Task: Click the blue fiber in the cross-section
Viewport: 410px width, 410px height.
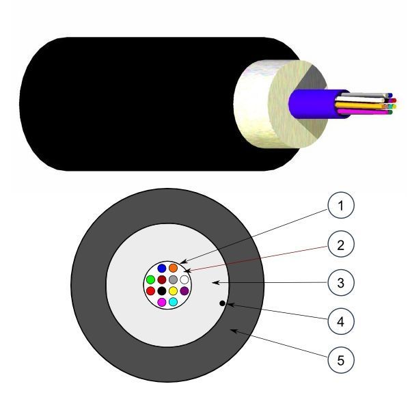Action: click(x=162, y=268)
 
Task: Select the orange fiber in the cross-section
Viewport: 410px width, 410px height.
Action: click(x=173, y=268)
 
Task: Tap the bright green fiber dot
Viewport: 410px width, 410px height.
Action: click(x=150, y=279)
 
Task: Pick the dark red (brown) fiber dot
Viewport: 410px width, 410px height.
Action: click(x=162, y=279)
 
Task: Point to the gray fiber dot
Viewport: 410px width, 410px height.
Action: click(x=173, y=279)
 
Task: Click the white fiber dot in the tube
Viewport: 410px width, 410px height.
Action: click(x=184, y=279)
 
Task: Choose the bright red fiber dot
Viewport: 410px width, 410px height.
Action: click(x=150, y=290)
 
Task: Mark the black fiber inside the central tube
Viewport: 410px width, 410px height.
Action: click(x=162, y=290)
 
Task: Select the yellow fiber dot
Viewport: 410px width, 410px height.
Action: click(x=173, y=290)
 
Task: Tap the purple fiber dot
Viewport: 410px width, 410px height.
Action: click(x=184, y=290)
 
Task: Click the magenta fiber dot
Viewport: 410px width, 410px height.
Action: click(x=162, y=301)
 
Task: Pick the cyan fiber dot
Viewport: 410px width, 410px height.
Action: click(x=173, y=301)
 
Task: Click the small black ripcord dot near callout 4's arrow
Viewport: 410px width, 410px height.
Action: click(x=222, y=303)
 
